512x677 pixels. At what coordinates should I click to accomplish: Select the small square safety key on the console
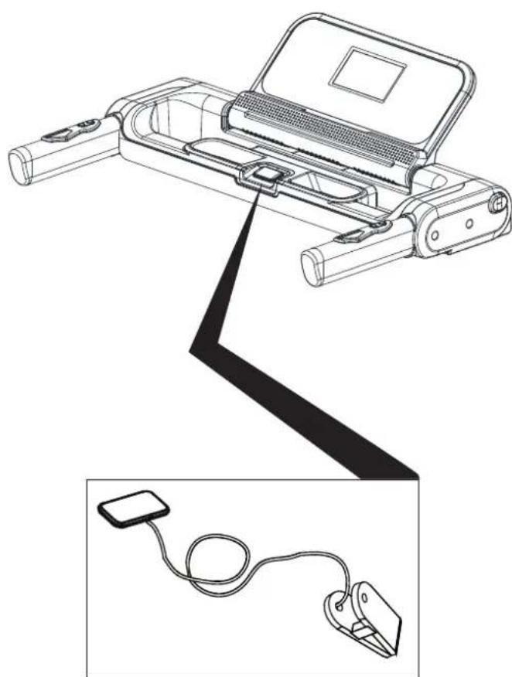(267, 175)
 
